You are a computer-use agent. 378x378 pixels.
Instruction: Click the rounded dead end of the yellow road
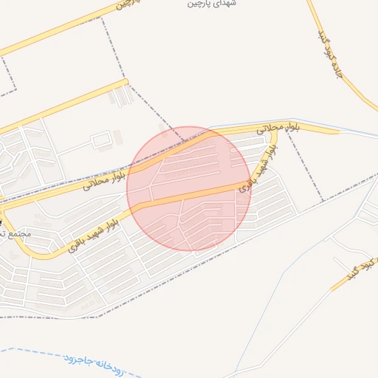click(x=126, y=82)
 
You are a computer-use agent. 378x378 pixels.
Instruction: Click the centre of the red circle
click(x=189, y=189)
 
